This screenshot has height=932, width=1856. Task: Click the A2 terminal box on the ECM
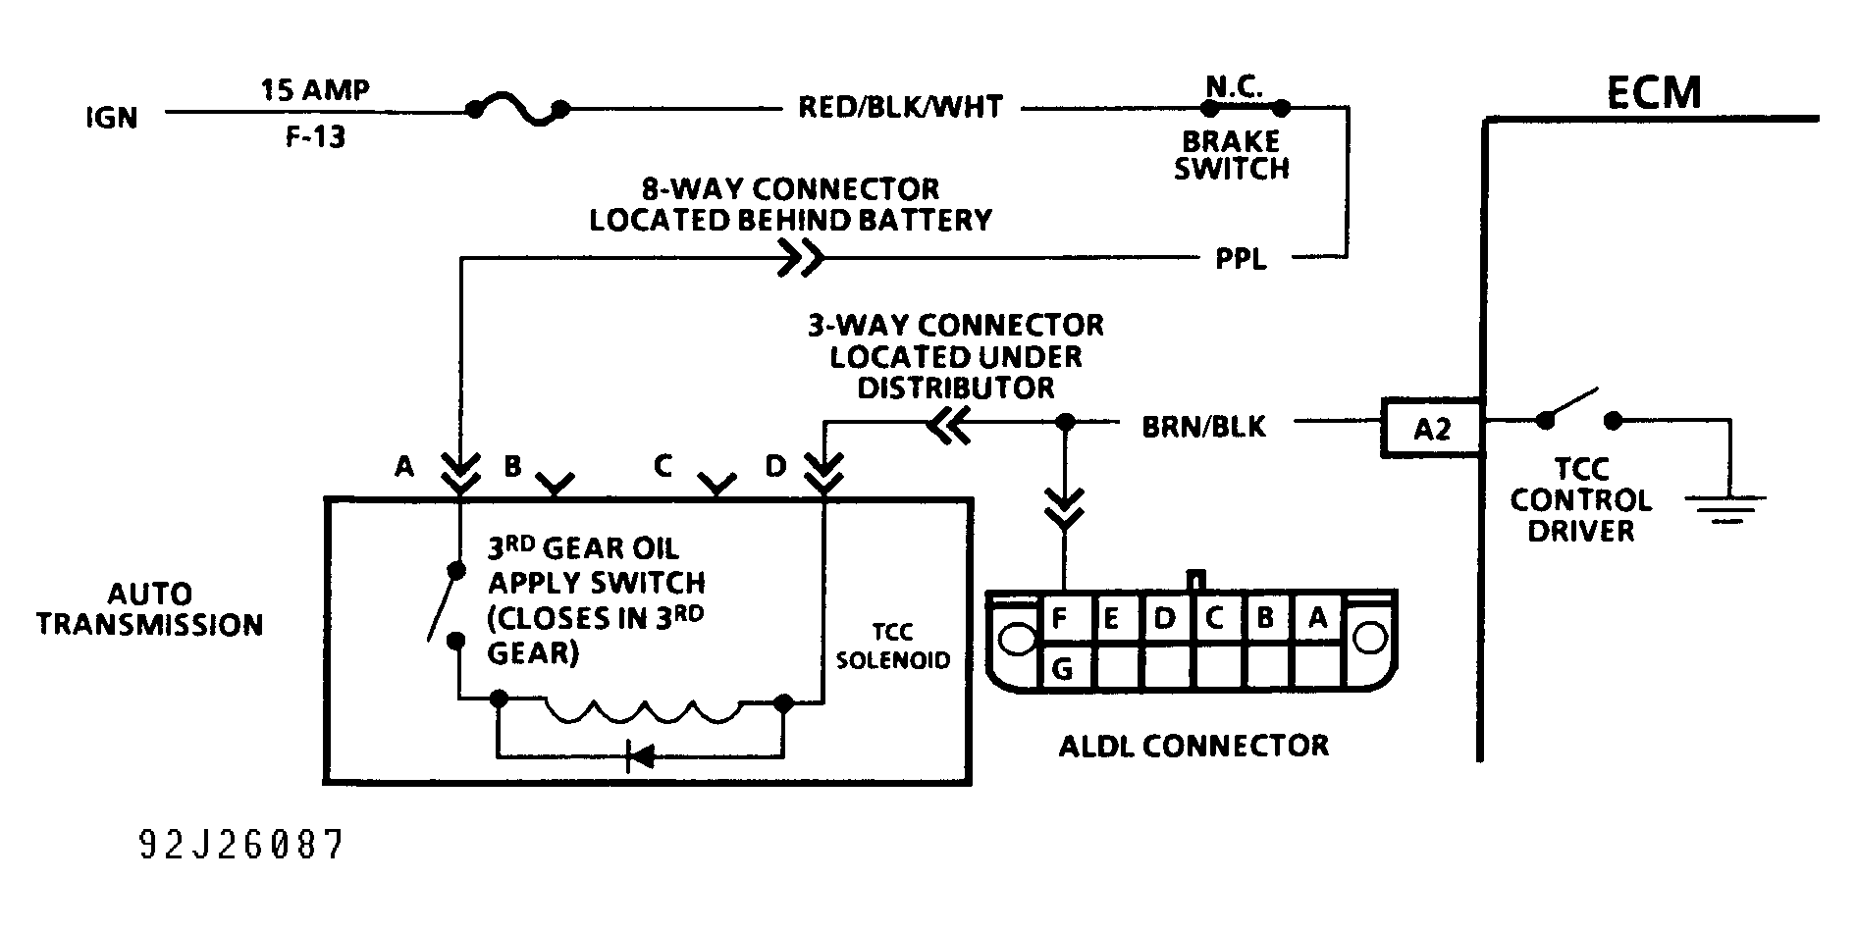tap(1431, 428)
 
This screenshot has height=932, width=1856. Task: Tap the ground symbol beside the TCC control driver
tap(1725, 507)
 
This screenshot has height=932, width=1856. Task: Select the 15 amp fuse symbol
tap(517, 110)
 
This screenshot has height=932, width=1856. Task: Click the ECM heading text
tap(1654, 92)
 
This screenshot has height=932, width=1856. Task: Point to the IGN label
tap(112, 118)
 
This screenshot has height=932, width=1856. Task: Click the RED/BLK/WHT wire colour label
tap(900, 107)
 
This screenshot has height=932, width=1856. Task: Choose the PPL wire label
tap(1241, 260)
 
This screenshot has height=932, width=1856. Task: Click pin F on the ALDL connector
tap(1060, 619)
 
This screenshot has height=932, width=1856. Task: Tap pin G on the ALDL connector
tap(1061, 669)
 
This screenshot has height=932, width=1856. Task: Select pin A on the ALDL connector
tap(1317, 618)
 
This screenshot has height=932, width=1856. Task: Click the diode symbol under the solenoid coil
tap(641, 756)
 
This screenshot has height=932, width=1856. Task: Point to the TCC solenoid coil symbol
tap(642, 711)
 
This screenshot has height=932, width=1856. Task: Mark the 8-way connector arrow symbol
tap(801, 259)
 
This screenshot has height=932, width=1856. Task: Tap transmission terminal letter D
tap(775, 466)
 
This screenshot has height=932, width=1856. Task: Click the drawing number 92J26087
tap(241, 845)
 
